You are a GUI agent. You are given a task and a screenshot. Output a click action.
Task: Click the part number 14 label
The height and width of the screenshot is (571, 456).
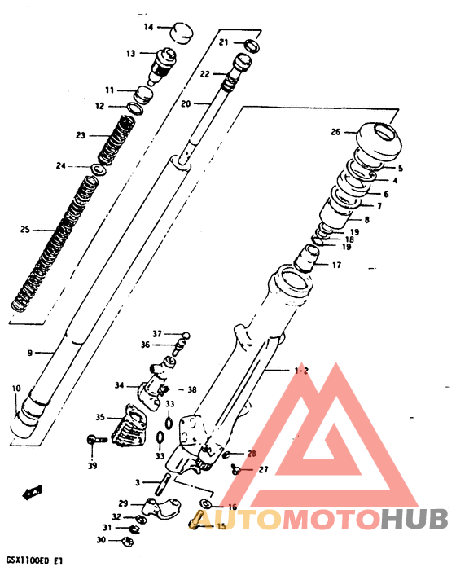coord(148,27)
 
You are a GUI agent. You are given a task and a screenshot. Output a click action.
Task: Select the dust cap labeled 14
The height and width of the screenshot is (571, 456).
coord(182,32)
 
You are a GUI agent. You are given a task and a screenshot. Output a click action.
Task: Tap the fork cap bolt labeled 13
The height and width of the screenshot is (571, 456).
coord(162,65)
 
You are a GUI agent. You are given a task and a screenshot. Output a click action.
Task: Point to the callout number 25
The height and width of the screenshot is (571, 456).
coord(24,230)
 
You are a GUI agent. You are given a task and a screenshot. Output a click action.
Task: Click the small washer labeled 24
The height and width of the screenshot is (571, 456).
coord(98,169)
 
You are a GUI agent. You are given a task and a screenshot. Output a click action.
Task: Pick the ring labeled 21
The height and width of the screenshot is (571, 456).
coord(252,45)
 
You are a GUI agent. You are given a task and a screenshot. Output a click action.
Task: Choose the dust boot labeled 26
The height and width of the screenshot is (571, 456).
coord(378,142)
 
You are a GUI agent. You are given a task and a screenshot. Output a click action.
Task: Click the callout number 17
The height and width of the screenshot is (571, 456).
coord(336,265)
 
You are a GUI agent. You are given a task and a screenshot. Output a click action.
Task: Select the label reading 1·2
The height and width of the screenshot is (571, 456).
coord(301,371)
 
